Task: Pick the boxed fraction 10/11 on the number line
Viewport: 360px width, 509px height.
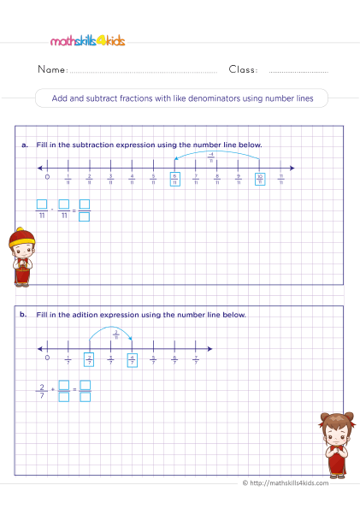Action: (x=259, y=180)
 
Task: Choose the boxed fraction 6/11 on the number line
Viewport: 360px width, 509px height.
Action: (x=174, y=180)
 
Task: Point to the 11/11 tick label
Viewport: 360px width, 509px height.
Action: (x=280, y=180)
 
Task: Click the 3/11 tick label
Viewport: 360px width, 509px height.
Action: (x=110, y=180)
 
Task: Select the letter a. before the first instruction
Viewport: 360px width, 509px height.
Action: (x=26, y=145)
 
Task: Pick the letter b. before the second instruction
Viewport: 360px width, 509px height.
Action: (x=26, y=315)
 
